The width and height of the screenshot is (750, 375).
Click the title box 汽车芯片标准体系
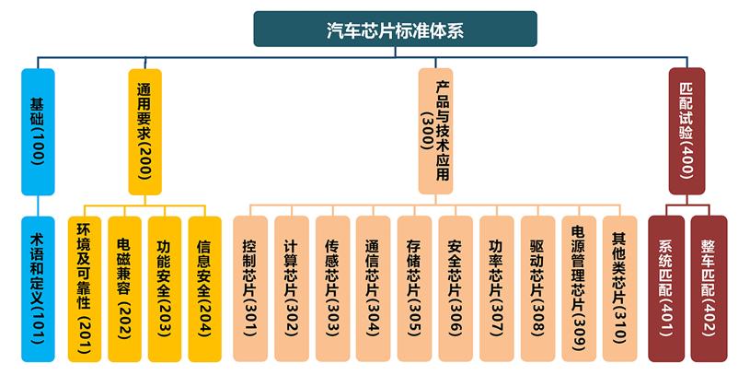tap(395, 29)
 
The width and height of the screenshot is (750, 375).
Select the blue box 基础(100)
tap(38, 131)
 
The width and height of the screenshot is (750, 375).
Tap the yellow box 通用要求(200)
tap(144, 131)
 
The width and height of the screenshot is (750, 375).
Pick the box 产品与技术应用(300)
tap(435, 131)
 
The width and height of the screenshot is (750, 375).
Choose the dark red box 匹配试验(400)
tap(686, 131)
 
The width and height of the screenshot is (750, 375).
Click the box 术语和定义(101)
tap(38, 288)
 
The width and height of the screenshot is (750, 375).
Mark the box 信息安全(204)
tap(204, 288)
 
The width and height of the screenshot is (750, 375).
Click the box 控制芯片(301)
tap(249, 288)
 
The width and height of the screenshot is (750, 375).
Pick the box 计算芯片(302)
tap(291, 288)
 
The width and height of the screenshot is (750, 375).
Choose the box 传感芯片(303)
tap(332, 288)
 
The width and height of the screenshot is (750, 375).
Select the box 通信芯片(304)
tap(373, 288)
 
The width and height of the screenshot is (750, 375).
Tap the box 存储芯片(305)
tap(414, 288)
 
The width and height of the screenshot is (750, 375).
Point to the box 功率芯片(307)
tap(496, 288)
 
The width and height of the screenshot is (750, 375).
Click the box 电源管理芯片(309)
tap(578, 288)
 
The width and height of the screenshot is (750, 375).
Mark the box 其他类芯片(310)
tap(619, 288)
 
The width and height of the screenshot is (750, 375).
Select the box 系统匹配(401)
tap(666, 288)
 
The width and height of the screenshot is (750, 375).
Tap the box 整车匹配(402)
tap(708, 288)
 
